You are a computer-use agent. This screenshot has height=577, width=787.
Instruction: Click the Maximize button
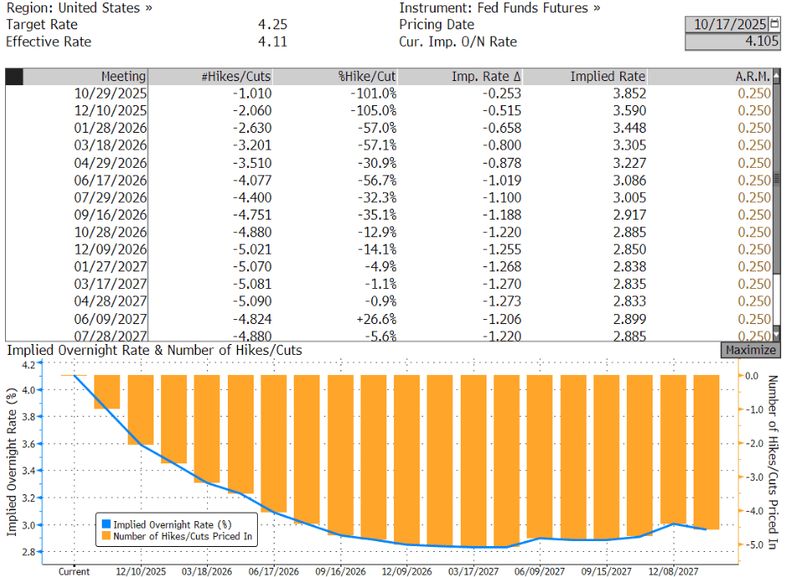(750, 351)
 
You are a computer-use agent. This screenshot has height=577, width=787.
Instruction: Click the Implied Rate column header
(608, 76)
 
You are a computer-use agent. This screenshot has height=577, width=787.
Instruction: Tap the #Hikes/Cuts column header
(236, 76)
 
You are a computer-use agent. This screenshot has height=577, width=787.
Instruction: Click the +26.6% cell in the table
(375, 320)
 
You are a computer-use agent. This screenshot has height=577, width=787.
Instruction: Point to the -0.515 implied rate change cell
(498, 111)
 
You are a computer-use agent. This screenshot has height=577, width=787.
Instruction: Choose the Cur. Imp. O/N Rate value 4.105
(762, 42)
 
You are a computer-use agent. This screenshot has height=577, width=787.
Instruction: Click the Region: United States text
(79, 8)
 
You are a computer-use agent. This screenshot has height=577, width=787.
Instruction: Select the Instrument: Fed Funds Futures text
(499, 8)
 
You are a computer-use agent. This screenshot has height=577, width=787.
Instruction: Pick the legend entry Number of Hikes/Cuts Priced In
(182, 537)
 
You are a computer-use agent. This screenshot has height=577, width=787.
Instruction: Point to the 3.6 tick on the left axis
(28, 443)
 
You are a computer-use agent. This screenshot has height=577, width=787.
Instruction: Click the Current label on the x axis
(74, 572)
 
